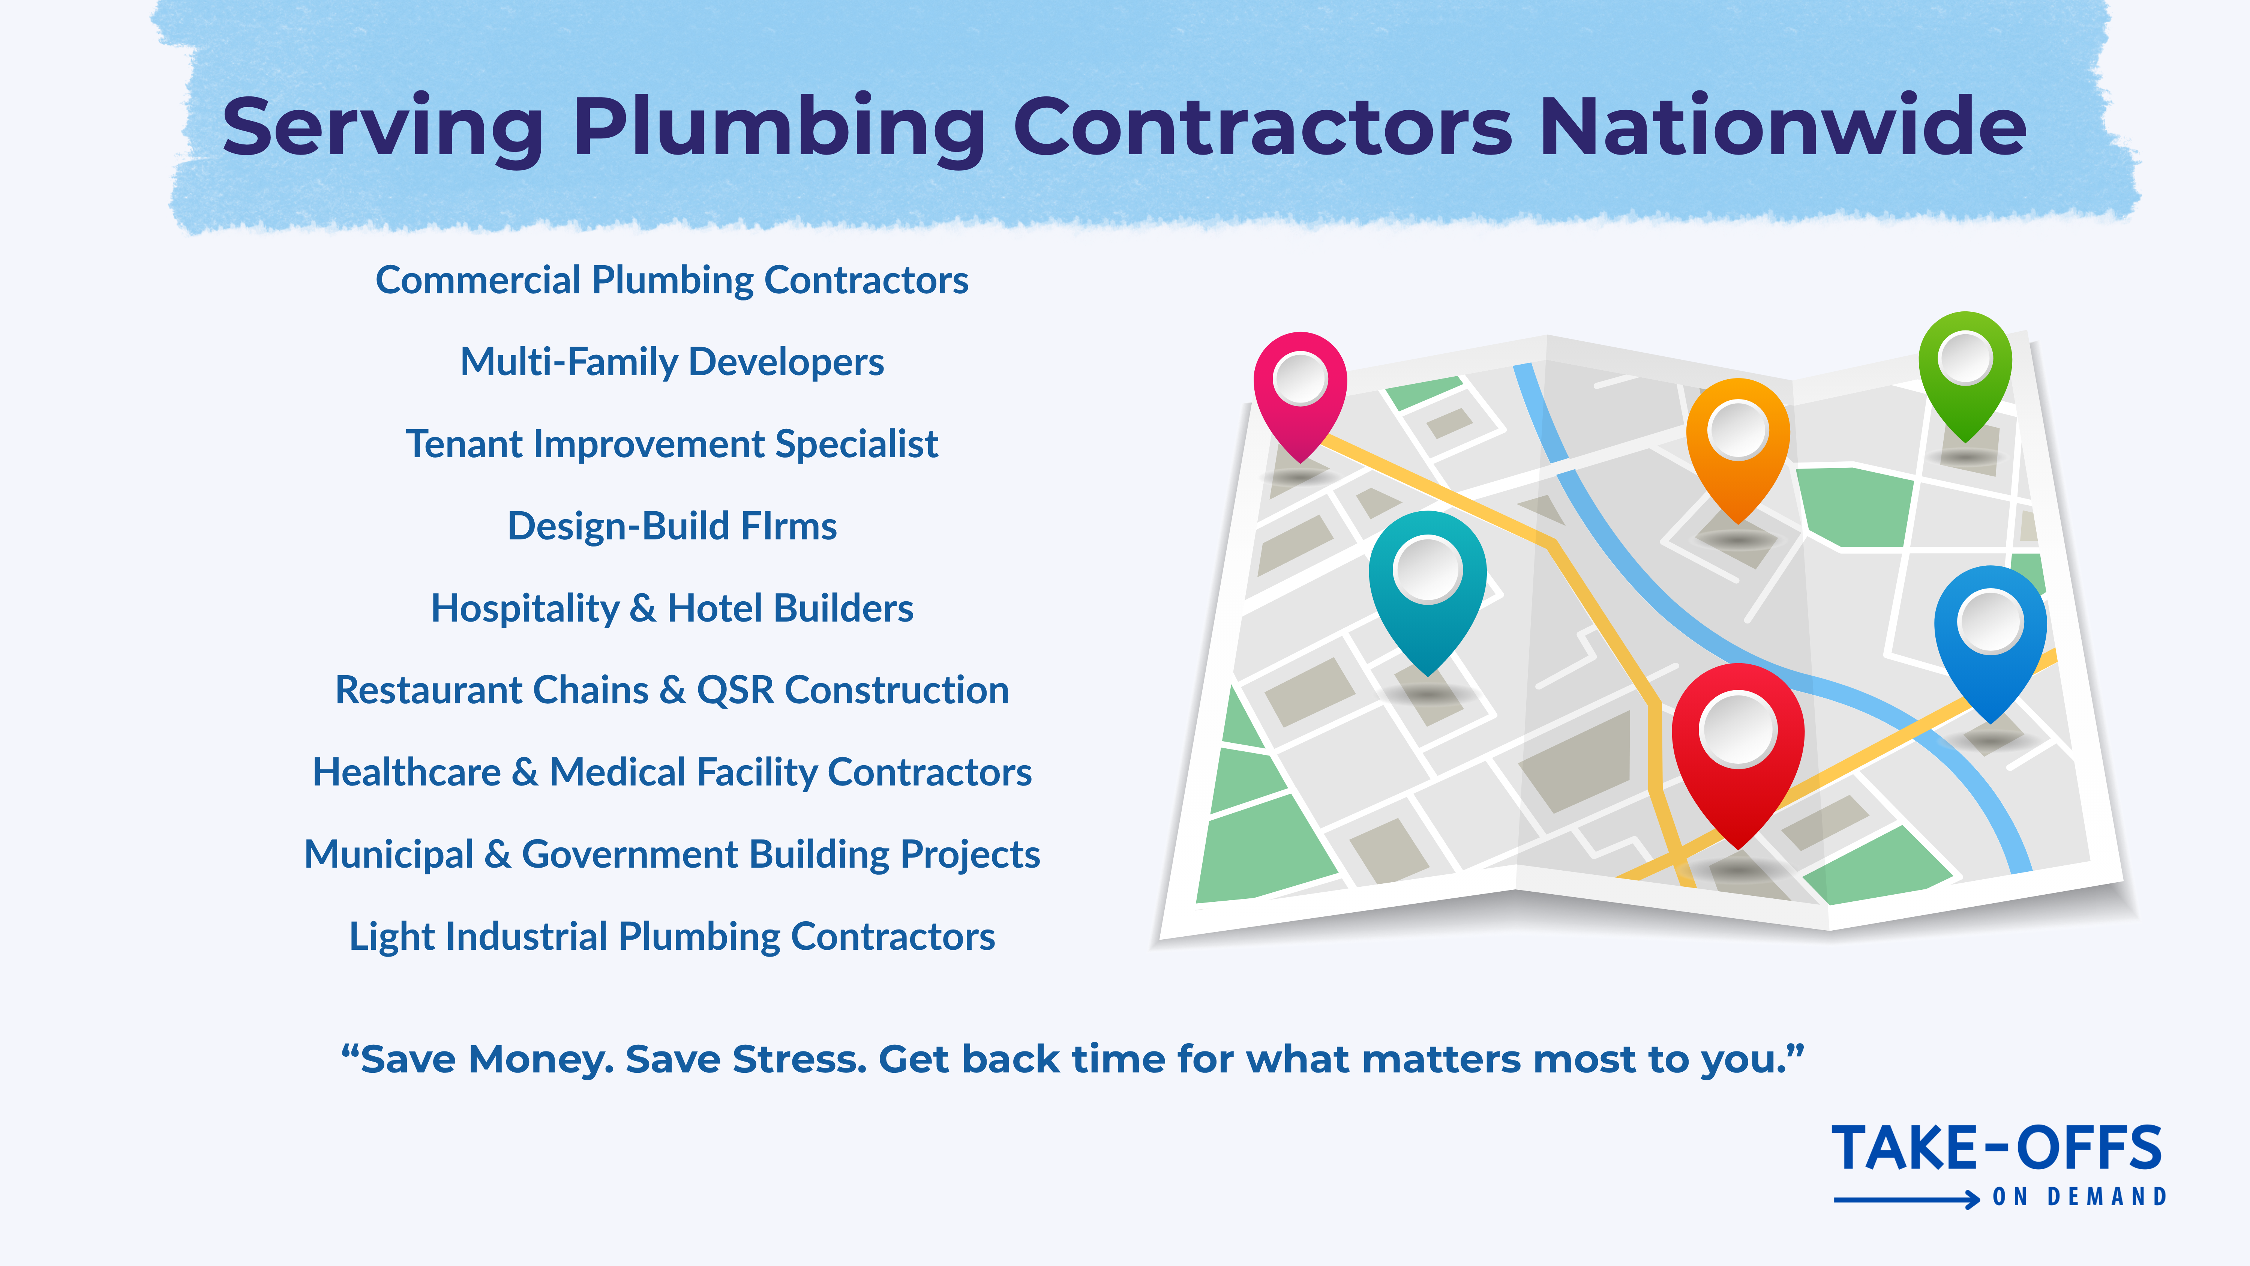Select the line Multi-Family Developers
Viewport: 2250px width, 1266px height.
[672, 362]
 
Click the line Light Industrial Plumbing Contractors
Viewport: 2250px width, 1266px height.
[672, 937]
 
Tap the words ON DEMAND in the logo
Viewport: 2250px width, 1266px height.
[2079, 1197]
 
